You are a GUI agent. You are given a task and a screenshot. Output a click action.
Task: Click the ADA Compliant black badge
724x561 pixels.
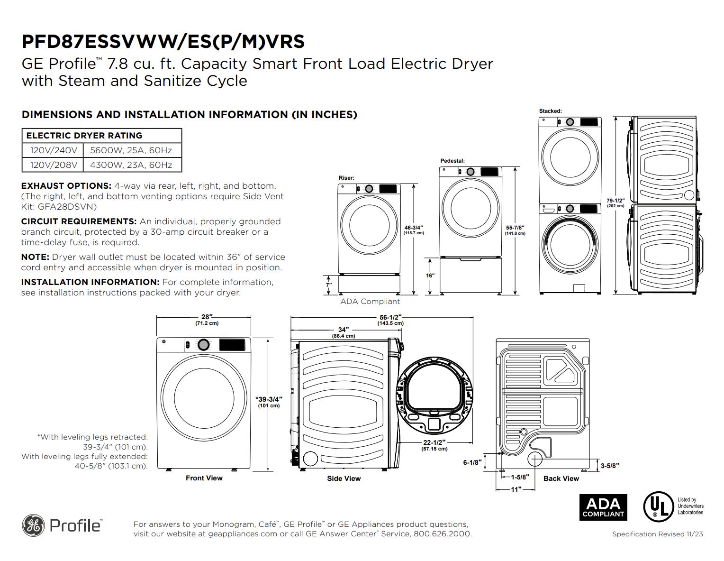603,507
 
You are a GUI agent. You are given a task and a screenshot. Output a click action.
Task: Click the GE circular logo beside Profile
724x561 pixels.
33,525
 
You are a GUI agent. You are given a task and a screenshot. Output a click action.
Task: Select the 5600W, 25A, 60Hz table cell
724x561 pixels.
131,150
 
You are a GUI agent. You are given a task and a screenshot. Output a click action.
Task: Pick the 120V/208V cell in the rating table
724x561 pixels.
54,165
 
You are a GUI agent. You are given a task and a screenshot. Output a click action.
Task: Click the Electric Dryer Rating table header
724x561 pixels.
84,135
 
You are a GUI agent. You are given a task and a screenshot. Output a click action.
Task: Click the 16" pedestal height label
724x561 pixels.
430,276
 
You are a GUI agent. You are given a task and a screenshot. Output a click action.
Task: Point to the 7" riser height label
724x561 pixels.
329,285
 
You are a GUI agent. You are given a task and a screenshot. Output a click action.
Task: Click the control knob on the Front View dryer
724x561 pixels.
203,345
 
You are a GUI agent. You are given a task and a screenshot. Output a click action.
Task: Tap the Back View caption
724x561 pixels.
561,478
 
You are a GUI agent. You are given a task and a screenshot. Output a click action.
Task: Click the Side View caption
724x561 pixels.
344,478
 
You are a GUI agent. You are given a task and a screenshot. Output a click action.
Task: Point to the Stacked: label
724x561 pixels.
550,111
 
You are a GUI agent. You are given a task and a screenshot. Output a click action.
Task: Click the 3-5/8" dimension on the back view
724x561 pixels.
610,466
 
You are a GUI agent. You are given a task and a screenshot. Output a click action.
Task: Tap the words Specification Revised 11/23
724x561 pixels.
657,534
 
